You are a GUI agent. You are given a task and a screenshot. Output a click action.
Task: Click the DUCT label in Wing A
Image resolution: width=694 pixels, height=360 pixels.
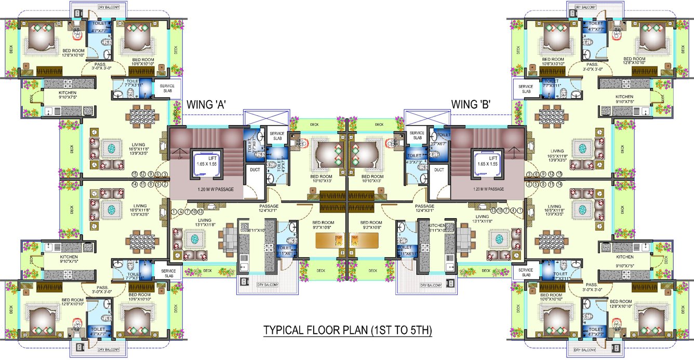[x=255, y=169]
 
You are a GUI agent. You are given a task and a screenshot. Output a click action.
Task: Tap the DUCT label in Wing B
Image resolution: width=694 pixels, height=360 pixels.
[x=439, y=169]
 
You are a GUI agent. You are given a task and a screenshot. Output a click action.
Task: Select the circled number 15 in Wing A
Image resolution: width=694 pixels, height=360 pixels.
[x=135, y=174]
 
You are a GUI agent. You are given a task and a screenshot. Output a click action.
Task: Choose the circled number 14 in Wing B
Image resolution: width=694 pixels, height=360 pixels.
[x=559, y=184]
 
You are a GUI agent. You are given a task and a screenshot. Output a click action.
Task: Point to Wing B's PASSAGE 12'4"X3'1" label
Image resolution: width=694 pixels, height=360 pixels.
[x=424, y=208]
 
